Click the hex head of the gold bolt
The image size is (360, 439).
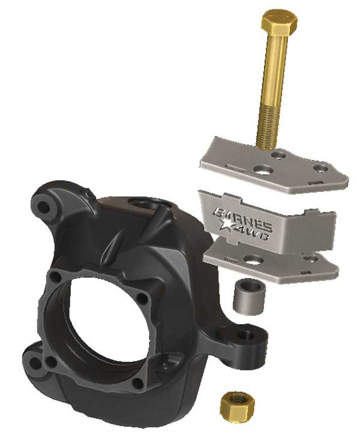[280, 23]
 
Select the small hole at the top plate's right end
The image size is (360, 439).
[320, 167]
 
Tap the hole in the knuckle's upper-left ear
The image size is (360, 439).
[43, 204]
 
